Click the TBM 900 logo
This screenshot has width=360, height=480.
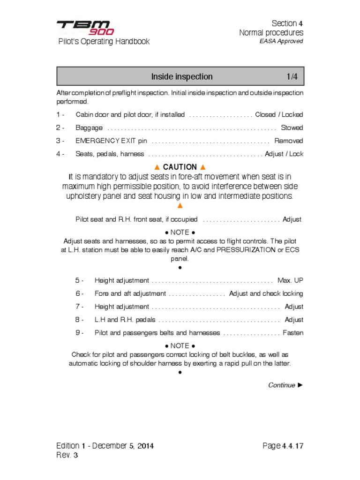[x=85, y=27]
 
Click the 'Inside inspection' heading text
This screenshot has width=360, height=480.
[x=181, y=76]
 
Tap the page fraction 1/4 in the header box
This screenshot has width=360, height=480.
[x=292, y=76]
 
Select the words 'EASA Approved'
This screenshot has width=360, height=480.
[x=281, y=41]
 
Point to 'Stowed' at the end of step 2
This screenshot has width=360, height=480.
[x=292, y=127]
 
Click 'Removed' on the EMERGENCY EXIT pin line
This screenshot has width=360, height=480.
[x=288, y=141]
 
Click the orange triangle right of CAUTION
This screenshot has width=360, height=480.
[x=202, y=167]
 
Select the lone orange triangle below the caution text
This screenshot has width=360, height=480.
[x=180, y=206]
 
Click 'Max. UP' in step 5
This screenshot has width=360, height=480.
[x=290, y=280]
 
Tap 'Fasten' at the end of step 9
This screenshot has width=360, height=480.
[x=293, y=333]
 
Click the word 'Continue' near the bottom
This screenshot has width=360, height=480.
[x=281, y=385]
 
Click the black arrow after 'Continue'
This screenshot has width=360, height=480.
[x=300, y=385]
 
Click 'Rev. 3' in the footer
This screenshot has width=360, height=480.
[x=67, y=455]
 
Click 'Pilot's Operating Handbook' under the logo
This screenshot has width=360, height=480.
[x=104, y=41]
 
